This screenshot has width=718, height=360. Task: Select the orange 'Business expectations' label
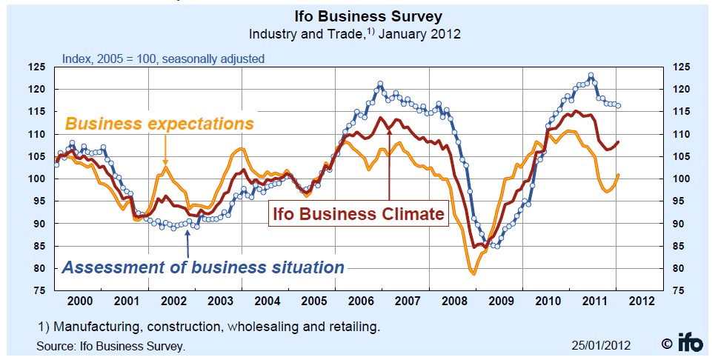pyautogui.click(x=159, y=123)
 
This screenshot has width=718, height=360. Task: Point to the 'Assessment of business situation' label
pyautogui.click(x=203, y=267)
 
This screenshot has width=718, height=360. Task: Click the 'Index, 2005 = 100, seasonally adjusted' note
pyautogui.click(x=163, y=59)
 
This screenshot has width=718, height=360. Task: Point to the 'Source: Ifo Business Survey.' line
pyautogui.click(x=111, y=346)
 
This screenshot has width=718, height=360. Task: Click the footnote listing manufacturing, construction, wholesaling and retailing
pyautogui.click(x=210, y=326)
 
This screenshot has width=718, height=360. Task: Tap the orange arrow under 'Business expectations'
pyautogui.click(x=165, y=152)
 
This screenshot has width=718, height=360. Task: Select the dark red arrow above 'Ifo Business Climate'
pyautogui.click(x=389, y=156)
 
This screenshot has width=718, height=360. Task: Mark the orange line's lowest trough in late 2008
pyautogui.click(x=473, y=274)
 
